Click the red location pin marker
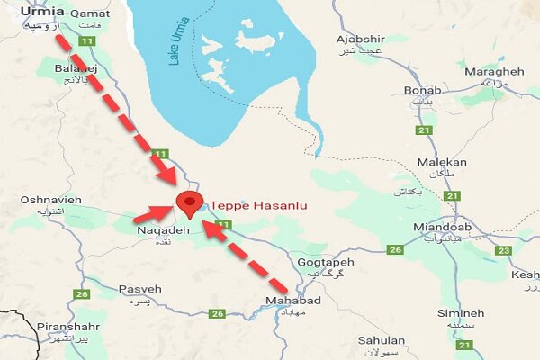tap(189, 204)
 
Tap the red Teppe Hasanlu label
tap(258, 206)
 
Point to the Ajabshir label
tap(360, 40)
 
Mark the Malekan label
tap(442, 162)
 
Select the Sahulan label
tap(381, 340)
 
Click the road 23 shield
tap(503, 250)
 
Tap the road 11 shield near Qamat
tap(86, 41)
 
